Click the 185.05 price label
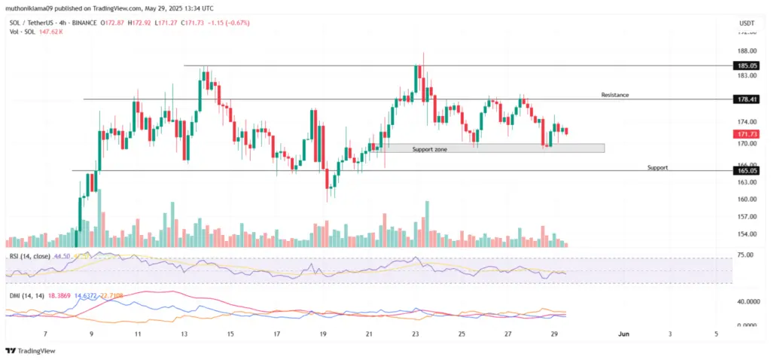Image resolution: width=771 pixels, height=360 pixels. (x=747, y=66)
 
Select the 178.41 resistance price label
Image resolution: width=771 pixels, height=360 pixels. (x=747, y=99)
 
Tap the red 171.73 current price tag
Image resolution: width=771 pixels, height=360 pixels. (x=747, y=133)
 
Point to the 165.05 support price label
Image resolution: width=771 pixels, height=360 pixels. (x=747, y=171)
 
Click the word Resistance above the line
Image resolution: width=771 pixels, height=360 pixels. (x=614, y=95)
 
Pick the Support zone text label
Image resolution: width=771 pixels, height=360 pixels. (x=430, y=150)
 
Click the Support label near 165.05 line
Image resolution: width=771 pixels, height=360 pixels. (x=657, y=167)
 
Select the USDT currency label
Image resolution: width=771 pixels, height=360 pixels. (x=747, y=23)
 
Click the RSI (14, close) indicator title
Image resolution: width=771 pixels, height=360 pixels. (x=30, y=256)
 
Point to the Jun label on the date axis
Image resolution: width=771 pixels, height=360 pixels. (x=623, y=333)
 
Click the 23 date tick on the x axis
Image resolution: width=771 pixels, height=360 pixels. (x=415, y=333)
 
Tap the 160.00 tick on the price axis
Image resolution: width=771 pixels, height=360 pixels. (x=747, y=200)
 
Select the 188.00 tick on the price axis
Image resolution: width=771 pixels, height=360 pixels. (x=747, y=51)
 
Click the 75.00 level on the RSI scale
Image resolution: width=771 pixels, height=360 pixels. (x=745, y=256)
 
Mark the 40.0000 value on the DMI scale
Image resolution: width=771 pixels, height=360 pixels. (x=747, y=301)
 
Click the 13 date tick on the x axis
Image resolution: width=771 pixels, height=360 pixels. (x=183, y=333)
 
